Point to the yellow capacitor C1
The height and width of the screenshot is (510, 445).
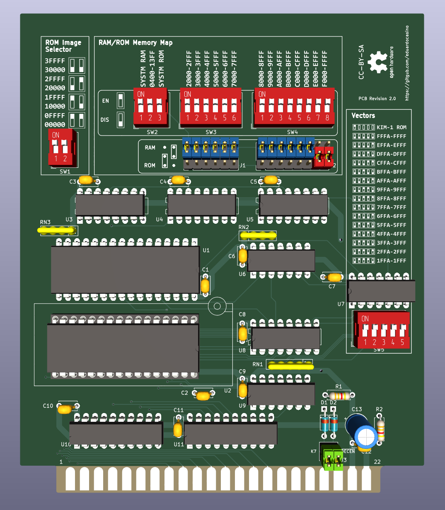[x=205, y=285]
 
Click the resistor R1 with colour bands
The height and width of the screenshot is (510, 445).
[x=339, y=395]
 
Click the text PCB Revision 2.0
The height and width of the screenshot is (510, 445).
[x=377, y=99]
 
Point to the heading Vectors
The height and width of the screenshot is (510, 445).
[x=363, y=116]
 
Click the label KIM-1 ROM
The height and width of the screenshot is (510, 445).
[x=391, y=128]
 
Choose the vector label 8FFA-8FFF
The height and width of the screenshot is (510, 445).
[x=391, y=198]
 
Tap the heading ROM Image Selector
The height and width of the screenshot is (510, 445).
[x=63, y=46]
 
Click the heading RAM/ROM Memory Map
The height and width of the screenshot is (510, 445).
[x=135, y=43]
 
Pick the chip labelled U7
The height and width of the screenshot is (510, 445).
[x=381, y=291]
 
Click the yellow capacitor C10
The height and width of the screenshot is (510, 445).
[x=65, y=410]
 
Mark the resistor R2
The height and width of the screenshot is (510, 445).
[x=380, y=430]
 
